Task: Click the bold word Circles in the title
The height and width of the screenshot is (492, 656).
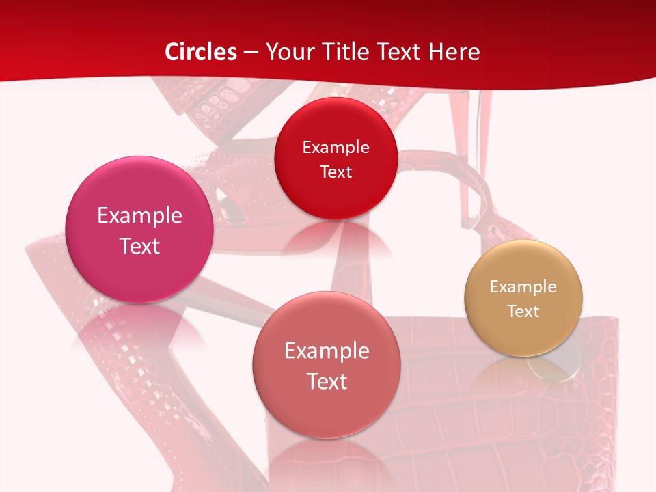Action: [x=200, y=52]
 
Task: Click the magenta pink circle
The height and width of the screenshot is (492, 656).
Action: [x=139, y=229]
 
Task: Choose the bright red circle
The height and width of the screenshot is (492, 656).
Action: [x=336, y=159]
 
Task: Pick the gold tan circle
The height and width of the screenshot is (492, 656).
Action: [x=523, y=298]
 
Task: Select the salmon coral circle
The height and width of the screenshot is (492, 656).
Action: [x=327, y=365]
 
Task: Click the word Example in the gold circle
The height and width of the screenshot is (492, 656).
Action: [x=523, y=287]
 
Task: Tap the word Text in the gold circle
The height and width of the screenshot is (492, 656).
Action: [x=523, y=312]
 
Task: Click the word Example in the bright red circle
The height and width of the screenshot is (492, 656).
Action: [x=336, y=147]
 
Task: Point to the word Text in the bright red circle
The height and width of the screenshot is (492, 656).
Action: [x=336, y=172]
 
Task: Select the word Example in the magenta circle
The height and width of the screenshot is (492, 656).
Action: [x=139, y=216]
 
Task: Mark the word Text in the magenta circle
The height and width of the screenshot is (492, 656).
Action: [x=139, y=246]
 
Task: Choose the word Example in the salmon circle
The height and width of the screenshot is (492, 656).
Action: [x=327, y=351]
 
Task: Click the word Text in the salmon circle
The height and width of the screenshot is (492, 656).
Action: [x=327, y=381]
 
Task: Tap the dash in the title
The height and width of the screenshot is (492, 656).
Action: [x=251, y=52]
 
